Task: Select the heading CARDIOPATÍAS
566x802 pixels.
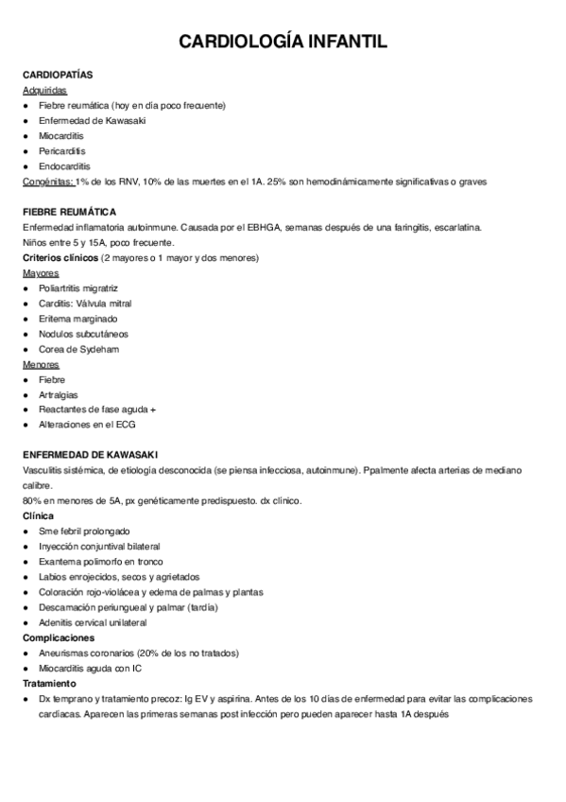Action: pos(58,74)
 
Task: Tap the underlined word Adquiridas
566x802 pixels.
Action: pos(44,90)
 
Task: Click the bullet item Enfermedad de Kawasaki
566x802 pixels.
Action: pos(86,120)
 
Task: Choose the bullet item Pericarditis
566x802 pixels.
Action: pos(61,150)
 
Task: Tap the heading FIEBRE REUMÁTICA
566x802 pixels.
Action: pos(69,212)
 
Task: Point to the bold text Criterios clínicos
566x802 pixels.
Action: pos(60,258)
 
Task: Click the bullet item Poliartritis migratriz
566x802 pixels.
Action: pos(78,288)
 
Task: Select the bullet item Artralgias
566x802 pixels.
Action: pos(59,394)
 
